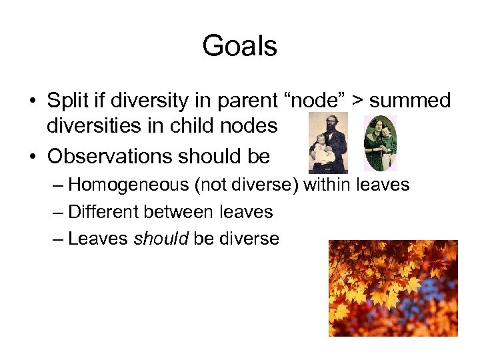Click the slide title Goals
[239, 46]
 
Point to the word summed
[410, 101]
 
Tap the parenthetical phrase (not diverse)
[246, 184]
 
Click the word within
[329, 184]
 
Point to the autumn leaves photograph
[393, 288]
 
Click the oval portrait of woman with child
[379, 143]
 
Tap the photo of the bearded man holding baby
[328, 143]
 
